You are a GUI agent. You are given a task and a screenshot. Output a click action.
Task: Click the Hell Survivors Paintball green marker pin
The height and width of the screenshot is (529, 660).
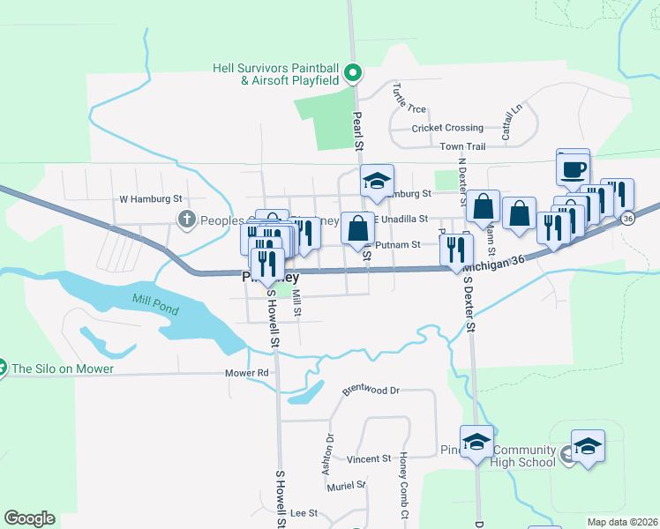[353, 73]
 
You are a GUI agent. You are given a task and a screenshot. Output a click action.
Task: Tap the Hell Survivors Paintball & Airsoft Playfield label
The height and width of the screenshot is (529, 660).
[276, 74]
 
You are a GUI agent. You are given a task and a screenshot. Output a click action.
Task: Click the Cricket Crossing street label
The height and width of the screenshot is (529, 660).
[447, 128]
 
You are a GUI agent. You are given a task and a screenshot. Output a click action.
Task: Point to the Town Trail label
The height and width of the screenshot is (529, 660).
[462, 146]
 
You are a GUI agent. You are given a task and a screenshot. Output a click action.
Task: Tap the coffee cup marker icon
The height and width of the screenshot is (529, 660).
[573, 168]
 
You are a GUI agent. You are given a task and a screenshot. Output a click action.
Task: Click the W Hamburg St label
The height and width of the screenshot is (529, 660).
[150, 199]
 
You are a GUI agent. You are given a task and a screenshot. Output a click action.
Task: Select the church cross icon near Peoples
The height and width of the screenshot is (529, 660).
[186, 219]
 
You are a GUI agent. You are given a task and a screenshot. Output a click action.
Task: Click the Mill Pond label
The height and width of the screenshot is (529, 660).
[155, 305]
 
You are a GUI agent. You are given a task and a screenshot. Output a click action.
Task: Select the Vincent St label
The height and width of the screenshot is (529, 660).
[368, 459]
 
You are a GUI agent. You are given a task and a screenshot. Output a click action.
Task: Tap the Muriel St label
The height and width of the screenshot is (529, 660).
[345, 486]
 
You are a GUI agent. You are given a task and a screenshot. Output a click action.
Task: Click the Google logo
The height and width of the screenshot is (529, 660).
[29, 518]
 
